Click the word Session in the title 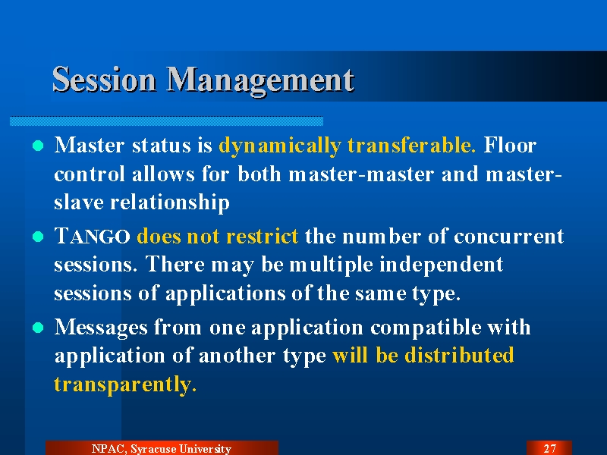(x=104, y=80)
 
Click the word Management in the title (x=260, y=81)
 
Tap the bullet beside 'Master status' (x=38, y=146)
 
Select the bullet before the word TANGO (x=38, y=237)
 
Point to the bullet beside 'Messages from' (x=38, y=328)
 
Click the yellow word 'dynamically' (x=279, y=146)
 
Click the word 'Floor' (x=510, y=145)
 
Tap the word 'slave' (x=79, y=202)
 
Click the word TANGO (x=92, y=236)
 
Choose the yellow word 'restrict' (x=262, y=236)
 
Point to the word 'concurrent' (x=508, y=237)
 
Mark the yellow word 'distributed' (x=459, y=355)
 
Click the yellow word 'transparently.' (x=125, y=385)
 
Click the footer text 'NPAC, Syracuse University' (x=162, y=449)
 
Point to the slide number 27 (x=549, y=449)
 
